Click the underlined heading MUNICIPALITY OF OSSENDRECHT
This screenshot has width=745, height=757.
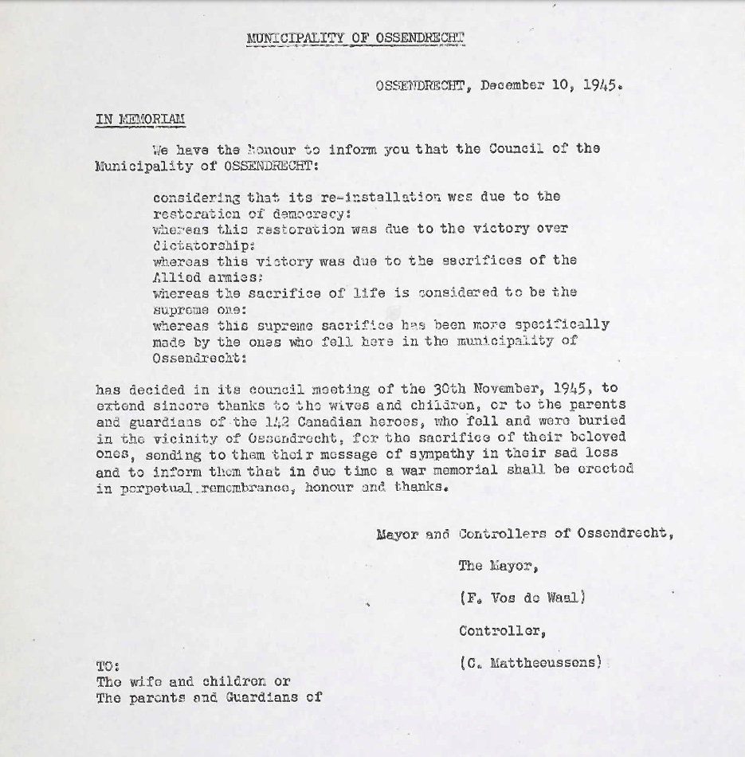click(355, 37)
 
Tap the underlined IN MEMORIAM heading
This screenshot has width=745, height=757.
click(140, 120)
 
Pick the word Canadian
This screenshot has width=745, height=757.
click(329, 420)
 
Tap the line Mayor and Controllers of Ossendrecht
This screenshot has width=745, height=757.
click(524, 533)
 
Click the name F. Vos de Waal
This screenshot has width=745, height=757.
click(523, 598)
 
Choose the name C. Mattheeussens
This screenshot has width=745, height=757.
click(531, 662)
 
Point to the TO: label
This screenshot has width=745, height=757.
click(108, 665)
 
